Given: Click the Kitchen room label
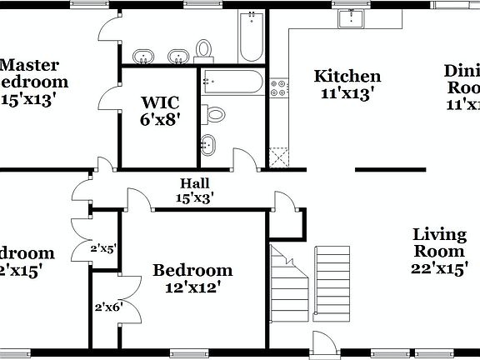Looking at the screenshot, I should (x=347, y=84).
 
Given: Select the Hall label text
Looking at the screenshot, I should (x=194, y=190).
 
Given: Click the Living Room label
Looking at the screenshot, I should (x=439, y=250).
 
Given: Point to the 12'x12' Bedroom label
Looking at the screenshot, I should (x=192, y=278).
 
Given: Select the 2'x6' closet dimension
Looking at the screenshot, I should (x=108, y=306).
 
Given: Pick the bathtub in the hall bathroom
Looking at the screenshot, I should (x=233, y=82).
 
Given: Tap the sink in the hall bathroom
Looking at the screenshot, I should (x=207, y=146).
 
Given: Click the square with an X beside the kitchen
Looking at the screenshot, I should (x=278, y=157).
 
